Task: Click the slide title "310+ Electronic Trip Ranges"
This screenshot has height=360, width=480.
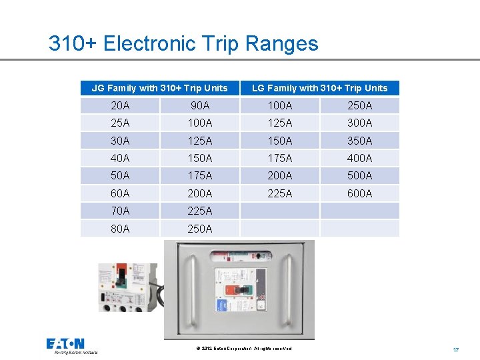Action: coord(183,44)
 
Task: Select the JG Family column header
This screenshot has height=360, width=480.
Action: coord(159,88)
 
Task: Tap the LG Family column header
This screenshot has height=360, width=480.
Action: coord(319,88)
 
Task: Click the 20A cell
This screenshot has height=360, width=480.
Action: coord(120,105)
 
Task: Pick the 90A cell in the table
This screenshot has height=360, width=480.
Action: coord(199,105)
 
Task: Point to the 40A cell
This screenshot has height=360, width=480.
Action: coord(120,158)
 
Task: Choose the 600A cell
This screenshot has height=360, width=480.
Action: coord(359,193)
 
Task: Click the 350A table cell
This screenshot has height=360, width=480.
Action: coord(359,141)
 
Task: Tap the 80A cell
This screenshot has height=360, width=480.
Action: coord(120,229)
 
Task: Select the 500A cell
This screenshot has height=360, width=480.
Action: coord(359,176)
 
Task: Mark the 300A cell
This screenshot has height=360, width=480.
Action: coord(359,123)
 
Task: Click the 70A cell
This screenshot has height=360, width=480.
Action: coord(120,211)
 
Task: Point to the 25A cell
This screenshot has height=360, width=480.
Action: coord(120,123)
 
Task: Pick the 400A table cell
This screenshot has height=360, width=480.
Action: coord(359,158)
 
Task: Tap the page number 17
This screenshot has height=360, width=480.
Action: coord(456,349)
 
